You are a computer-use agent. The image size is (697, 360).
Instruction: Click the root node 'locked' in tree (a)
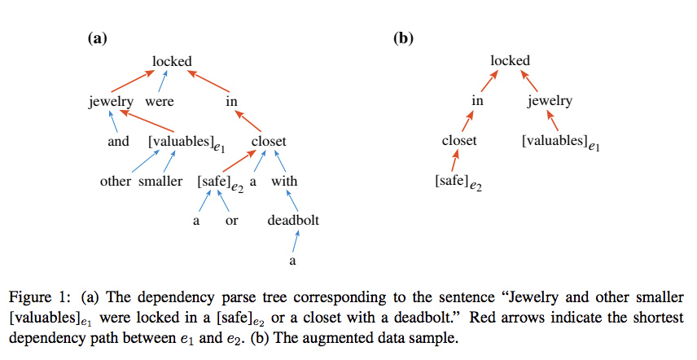coord(172,61)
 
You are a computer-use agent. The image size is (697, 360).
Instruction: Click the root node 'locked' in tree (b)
coord(511,60)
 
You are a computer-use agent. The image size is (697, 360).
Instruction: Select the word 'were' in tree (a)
coord(159,102)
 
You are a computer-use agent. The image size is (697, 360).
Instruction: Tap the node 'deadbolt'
coord(293,220)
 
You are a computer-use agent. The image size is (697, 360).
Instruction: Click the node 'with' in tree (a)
coord(285,181)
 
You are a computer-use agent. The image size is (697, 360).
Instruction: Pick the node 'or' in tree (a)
coord(231,221)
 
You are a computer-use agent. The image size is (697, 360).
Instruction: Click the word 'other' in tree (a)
coord(116,181)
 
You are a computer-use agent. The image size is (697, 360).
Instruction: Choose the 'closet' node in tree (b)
coord(459,140)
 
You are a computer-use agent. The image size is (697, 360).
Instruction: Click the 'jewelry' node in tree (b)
coord(550,101)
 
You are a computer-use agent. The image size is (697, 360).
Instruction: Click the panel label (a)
coord(97,37)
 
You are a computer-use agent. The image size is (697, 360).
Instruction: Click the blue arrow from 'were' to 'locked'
coord(165,81)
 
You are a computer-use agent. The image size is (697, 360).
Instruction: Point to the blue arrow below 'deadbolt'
coord(296,242)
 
